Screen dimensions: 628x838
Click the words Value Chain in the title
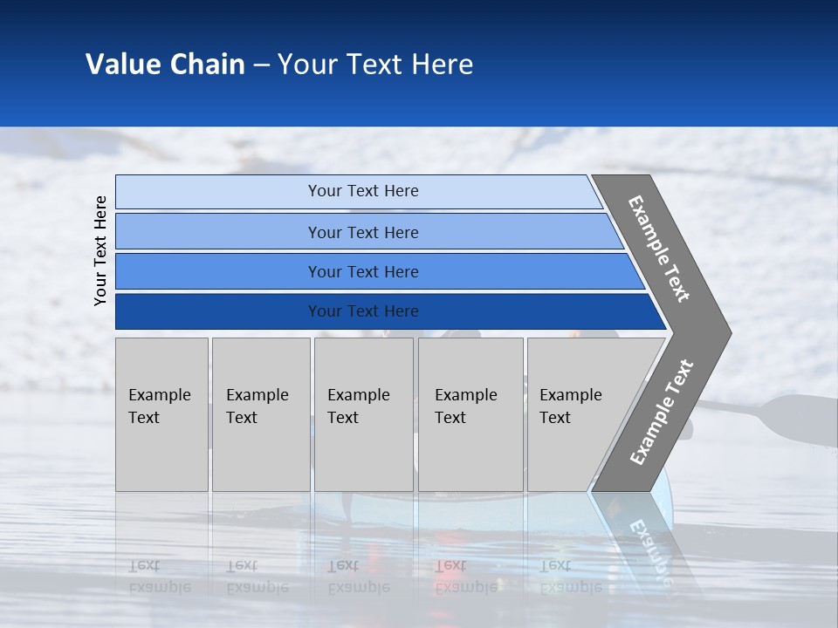click(x=165, y=65)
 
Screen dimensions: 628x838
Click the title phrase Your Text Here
click(x=375, y=65)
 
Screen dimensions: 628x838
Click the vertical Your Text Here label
click(x=100, y=250)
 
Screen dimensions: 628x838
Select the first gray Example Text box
click(x=161, y=414)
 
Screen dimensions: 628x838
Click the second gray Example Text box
click(x=261, y=414)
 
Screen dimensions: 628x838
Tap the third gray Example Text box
click(x=363, y=414)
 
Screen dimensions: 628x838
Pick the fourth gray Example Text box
click(x=471, y=414)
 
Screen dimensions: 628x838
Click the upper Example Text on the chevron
click(x=659, y=249)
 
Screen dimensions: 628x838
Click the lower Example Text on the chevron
click(x=661, y=412)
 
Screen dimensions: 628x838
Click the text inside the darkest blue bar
click(x=363, y=311)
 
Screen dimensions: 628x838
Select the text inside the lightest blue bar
click(x=363, y=191)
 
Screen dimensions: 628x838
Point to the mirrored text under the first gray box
click(x=159, y=577)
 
